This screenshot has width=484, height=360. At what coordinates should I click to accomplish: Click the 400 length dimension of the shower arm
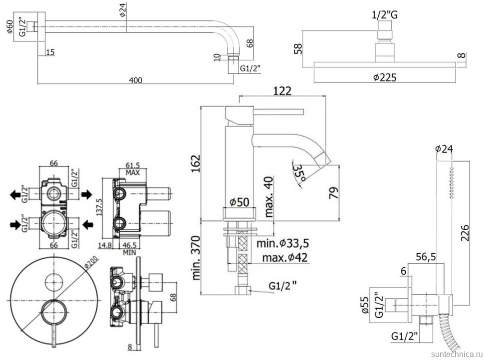click(136, 80)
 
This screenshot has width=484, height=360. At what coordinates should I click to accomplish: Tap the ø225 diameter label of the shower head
click(384, 77)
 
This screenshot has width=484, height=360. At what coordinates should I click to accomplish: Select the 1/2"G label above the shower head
click(385, 15)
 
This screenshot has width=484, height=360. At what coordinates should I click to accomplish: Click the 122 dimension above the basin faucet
click(282, 91)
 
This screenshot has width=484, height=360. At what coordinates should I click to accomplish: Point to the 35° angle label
click(299, 173)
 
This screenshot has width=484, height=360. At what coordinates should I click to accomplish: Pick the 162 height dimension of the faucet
click(196, 164)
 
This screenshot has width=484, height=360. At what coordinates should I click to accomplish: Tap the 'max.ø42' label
click(284, 257)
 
